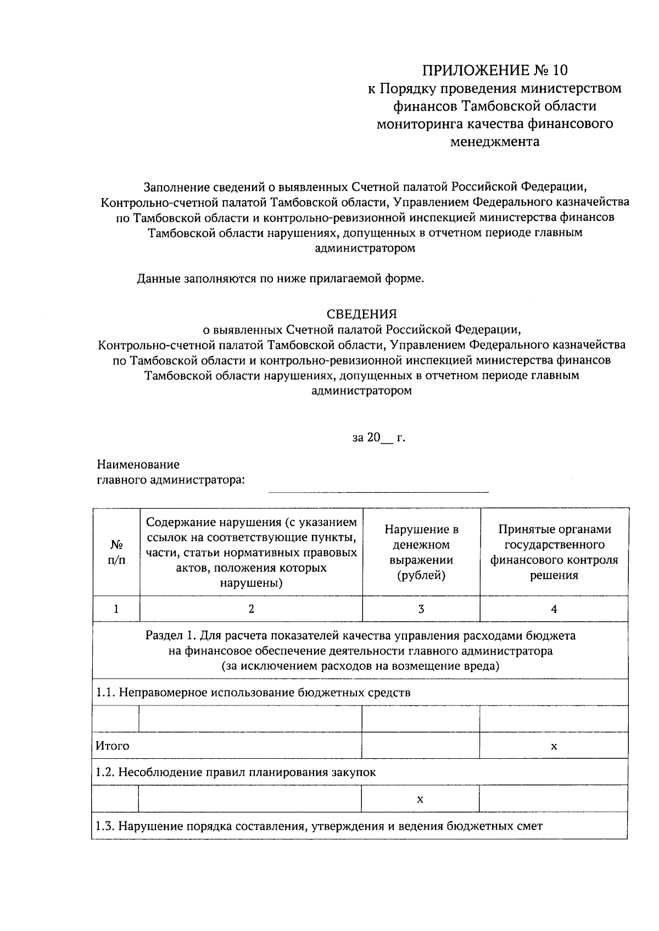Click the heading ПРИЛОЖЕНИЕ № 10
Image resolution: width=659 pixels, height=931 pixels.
coord(494,70)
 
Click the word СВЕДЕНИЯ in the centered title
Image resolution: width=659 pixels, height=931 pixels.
coord(361,314)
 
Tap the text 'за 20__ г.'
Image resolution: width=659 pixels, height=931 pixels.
coord(378,438)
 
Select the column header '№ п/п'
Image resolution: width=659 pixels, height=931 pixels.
coord(116,552)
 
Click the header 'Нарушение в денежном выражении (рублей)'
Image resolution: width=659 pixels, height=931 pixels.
coord(421,552)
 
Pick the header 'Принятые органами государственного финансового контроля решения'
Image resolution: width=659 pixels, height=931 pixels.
coord(554,552)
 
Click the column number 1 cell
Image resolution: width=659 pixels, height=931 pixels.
coord(116,609)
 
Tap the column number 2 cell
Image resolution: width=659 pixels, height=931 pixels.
coord(251,609)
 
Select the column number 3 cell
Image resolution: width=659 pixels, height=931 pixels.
coord(421,609)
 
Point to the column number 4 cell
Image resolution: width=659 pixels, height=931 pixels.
coord(554,609)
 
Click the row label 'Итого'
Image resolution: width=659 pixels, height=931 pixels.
coord(113,746)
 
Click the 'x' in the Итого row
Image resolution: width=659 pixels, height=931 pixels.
coord(554,746)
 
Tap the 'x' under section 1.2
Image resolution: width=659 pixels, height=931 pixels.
coord(420,799)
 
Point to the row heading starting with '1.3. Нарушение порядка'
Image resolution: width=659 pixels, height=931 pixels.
coord(319,826)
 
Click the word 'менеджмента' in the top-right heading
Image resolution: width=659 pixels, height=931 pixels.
coord(494,142)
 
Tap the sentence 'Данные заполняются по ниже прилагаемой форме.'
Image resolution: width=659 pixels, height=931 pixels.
coord(281,279)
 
